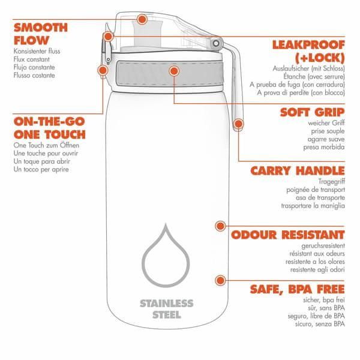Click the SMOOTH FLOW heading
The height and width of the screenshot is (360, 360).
click(x=41, y=34)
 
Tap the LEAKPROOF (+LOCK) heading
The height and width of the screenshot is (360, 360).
click(x=308, y=52)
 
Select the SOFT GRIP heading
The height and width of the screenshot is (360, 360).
click(x=313, y=112)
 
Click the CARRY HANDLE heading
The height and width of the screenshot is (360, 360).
click(x=298, y=171)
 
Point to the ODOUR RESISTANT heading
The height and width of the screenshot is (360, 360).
click(x=288, y=235)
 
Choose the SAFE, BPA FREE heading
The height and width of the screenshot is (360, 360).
click(x=298, y=289)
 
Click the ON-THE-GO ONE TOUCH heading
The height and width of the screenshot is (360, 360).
click(x=49, y=128)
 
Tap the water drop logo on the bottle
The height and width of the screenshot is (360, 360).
click(x=166, y=255)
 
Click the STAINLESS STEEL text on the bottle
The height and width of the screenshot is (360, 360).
click(x=167, y=309)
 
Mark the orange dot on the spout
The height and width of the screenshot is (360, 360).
click(x=142, y=19)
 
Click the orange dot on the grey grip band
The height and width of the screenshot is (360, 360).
click(x=174, y=71)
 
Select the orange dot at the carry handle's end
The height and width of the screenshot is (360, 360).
click(x=239, y=124)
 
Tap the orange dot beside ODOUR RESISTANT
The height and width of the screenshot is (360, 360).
click(x=220, y=226)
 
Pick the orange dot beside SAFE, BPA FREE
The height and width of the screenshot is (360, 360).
click(x=220, y=280)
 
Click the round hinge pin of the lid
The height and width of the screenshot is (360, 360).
click(x=216, y=43)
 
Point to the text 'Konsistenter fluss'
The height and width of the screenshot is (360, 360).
click(x=37, y=51)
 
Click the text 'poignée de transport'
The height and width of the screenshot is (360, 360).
click(x=316, y=190)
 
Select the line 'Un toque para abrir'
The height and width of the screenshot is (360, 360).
click(x=42, y=161)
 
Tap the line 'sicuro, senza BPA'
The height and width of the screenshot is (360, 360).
click(x=320, y=324)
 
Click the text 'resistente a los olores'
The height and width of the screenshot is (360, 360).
click(x=315, y=262)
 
